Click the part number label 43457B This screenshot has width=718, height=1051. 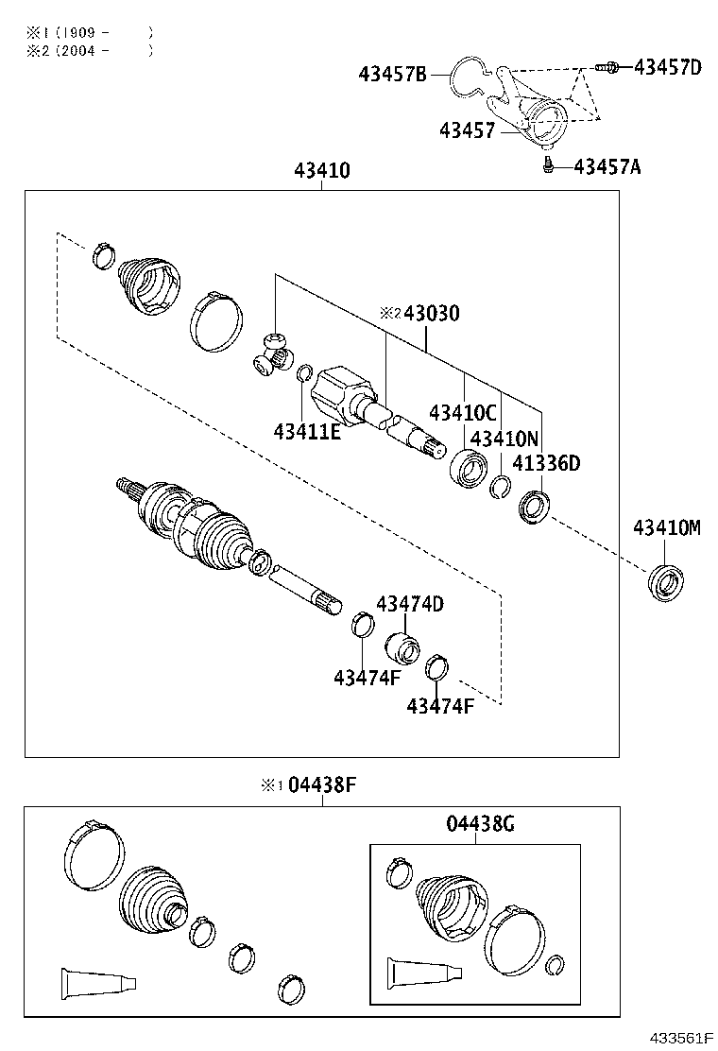coord(393,74)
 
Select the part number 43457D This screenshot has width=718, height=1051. coord(667,67)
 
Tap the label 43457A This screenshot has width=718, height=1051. coord(607,167)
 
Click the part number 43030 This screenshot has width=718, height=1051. coord(432,313)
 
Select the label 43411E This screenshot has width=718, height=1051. coord(307,432)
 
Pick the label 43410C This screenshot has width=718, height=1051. coord(462,413)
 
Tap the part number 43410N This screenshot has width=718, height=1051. coord(504,439)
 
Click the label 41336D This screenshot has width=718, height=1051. coord(546,464)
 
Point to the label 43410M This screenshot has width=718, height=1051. coord(667,528)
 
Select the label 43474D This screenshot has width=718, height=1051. coord(410,604)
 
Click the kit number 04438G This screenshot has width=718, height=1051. coord(480,824)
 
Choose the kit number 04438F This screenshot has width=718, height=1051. coord(321,784)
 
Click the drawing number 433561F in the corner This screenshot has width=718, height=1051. coord(679,1038)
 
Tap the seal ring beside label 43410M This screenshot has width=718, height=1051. coord(667,580)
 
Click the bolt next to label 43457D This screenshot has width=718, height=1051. coord(607,67)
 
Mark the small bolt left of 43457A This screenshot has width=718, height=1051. coord(547,167)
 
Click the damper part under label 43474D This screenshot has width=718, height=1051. coord(402,649)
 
